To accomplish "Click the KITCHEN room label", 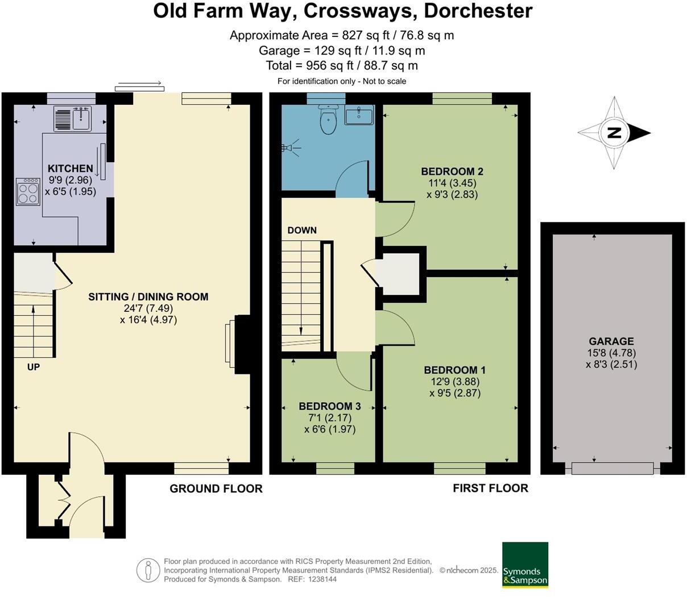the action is pos(70,168).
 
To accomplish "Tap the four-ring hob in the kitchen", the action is pos(28,191).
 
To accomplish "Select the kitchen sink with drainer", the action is pos(73,118).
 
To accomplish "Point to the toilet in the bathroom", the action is pos(328,120).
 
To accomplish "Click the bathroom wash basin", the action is pos(359,116).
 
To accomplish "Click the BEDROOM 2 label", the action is pos(452,171).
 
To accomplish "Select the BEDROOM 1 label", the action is pos(454,370).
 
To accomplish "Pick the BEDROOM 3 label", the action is pos(330,406).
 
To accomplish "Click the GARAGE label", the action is pos(611,341).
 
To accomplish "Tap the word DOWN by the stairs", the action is pos(302,230).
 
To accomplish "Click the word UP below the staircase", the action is pos(34,367).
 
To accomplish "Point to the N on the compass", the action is pos(614,133).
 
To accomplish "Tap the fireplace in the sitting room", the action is pos(238,344).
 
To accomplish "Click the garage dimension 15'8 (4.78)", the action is pos(611,353).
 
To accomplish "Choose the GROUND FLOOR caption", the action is pos(216,488).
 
